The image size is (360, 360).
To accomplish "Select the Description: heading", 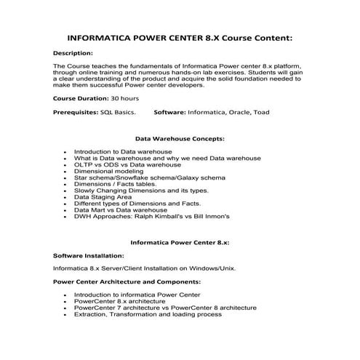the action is coord(73,53).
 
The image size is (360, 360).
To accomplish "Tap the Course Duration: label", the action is coord(83,97).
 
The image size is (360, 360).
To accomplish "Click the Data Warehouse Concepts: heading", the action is coord(180,137).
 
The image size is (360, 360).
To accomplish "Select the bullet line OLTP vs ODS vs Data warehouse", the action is coord(127,164).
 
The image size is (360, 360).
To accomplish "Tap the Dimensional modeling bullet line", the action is coord(108,171).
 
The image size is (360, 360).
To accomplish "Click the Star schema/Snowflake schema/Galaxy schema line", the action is coord(150,177).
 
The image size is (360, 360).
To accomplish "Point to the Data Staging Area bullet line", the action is coord(103,196).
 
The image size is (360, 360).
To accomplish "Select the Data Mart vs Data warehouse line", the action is coord(120,209).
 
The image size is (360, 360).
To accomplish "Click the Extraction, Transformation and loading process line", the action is coord(148,314).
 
